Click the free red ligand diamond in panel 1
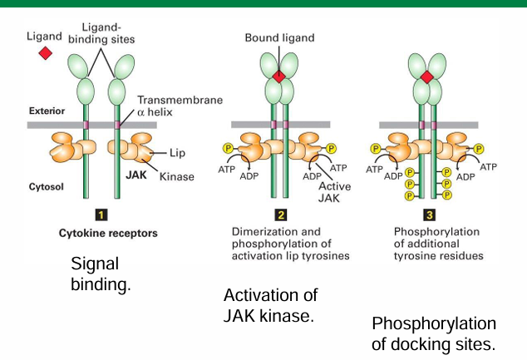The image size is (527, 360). coord(45,53)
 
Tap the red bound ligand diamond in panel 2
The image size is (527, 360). coord(279,76)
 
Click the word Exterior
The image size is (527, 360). coord(46,110)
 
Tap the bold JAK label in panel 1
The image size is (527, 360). coord(116,176)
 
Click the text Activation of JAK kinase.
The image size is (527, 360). coord(271,305)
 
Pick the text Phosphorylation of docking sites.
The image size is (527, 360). coord(433,333)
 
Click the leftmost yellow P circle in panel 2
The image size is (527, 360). coord(227,148)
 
